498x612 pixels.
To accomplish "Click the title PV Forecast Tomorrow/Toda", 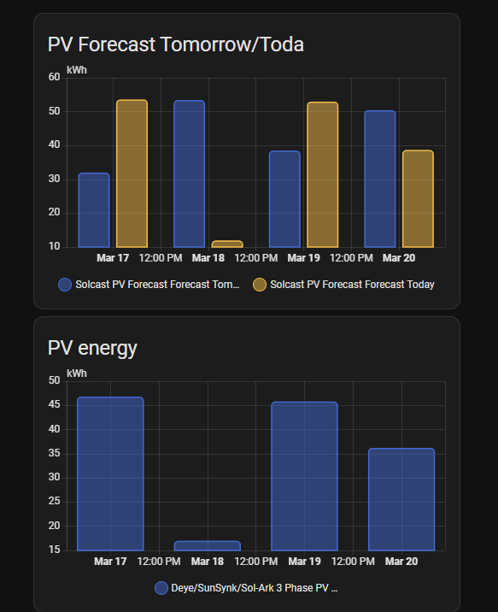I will pyautogui.click(x=175, y=44).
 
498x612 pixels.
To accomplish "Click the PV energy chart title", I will pyautogui.click(x=92, y=347).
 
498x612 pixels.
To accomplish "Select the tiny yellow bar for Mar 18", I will pyautogui.click(x=226, y=244).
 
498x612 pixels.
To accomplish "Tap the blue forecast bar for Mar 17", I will pyautogui.click(x=94, y=210).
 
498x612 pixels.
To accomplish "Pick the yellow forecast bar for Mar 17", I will pyautogui.click(x=132, y=174).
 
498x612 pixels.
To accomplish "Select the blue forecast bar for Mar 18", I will pyautogui.click(x=189, y=174).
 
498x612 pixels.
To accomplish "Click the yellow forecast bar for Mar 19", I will pyautogui.click(x=322, y=174).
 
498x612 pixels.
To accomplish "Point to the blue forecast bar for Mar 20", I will pyautogui.click(x=379, y=179).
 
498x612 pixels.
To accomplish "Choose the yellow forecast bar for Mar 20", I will pyautogui.click(x=418, y=198).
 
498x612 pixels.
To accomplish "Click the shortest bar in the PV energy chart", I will pyautogui.click(x=208, y=545).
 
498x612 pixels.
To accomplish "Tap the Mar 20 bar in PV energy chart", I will pyautogui.click(x=401, y=499).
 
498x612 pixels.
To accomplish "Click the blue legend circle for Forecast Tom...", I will pyautogui.click(x=65, y=285).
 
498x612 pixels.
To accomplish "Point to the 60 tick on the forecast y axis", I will pyautogui.click(x=54, y=78).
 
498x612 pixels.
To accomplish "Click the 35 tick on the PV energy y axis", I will pyautogui.click(x=54, y=453).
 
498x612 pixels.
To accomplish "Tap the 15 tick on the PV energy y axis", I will pyautogui.click(x=54, y=550).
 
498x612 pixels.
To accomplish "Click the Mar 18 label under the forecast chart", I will pyautogui.click(x=208, y=257).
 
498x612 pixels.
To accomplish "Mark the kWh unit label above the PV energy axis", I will pyautogui.click(x=77, y=374).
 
